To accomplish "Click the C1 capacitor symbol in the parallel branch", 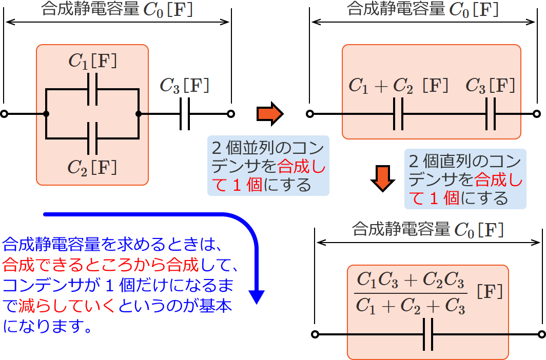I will tap(93, 90).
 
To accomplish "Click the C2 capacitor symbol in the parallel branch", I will tap(93, 138).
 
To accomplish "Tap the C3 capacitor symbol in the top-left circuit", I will tap(185, 114).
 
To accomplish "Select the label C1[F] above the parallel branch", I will tap(92, 62).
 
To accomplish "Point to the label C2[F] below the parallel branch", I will tap(92, 166).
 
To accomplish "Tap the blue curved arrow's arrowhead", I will tap(256, 296).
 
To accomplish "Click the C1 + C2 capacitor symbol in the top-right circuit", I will tap(398, 114).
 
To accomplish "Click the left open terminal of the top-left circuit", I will tap(4, 114).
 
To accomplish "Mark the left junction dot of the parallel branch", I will tap(46, 114).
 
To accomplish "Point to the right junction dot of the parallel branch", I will tap(139, 114).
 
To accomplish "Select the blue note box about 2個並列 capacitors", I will tap(267, 166).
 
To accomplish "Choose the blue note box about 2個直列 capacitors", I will tap(465, 178).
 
